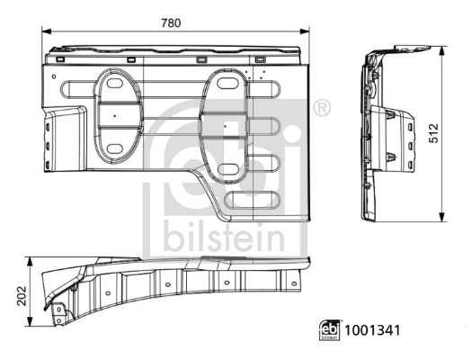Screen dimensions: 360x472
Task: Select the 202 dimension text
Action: [x=19, y=293]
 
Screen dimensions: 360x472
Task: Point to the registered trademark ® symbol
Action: [x=322, y=108]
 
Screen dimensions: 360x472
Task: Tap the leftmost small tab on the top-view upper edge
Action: [x=60, y=58]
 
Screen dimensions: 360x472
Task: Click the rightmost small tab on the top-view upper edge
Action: [x=260, y=59]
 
